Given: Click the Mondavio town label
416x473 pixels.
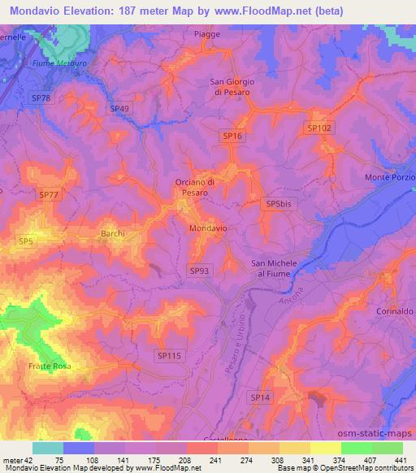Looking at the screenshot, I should (207, 229).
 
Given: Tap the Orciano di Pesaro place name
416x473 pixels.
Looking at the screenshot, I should (195, 188).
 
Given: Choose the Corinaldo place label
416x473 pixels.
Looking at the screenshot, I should (394, 310).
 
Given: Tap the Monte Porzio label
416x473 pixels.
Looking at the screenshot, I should (390, 177).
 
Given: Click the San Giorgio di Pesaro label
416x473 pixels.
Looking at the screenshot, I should (233, 87).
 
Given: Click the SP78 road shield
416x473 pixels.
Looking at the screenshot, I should (41, 98).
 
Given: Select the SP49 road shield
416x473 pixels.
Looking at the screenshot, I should (119, 108).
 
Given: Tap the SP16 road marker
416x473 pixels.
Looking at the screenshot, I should (232, 137).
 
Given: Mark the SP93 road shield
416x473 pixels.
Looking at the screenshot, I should (199, 270).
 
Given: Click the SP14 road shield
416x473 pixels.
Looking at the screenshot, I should (260, 397).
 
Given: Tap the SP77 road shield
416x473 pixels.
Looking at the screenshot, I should (49, 194).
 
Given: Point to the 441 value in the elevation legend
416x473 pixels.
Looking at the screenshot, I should (401, 461).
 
